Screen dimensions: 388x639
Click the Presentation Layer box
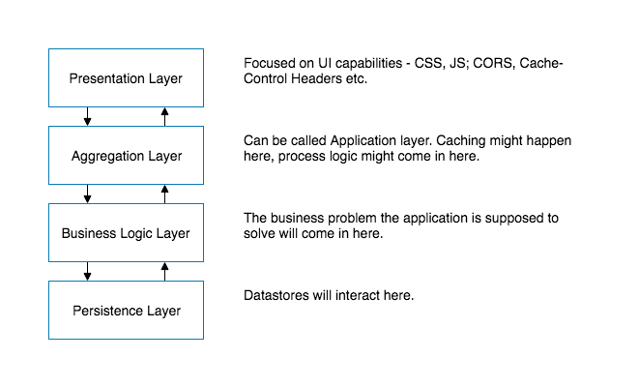[x=126, y=77]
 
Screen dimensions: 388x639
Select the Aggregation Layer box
[x=126, y=155]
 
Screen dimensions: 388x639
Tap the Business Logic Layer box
[x=126, y=232]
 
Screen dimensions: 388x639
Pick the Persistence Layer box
[x=126, y=310]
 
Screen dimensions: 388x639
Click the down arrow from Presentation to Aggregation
[x=88, y=116]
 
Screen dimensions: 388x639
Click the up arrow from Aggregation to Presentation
[x=164, y=116]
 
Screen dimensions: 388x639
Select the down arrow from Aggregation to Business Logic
[x=88, y=194]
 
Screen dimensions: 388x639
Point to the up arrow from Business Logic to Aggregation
[x=164, y=194]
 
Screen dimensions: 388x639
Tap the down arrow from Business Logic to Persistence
[x=88, y=271]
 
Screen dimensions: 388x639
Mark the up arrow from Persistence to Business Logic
[x=164, y=271]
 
